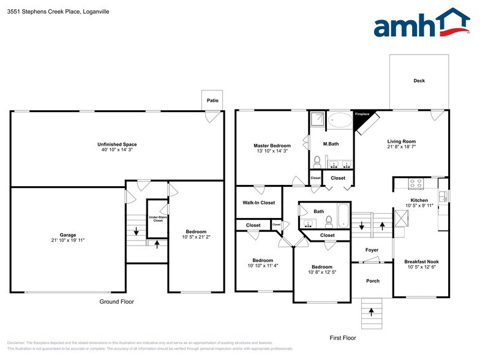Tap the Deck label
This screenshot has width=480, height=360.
419,81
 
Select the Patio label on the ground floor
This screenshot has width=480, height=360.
212,100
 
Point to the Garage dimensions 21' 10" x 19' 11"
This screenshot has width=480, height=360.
67,240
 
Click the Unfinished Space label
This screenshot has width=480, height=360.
117,144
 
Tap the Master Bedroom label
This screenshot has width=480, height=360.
272,146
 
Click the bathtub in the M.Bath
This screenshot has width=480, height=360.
339,119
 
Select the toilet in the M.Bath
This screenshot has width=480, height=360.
317,162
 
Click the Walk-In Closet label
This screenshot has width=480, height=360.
258,203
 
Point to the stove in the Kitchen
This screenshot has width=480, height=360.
416,182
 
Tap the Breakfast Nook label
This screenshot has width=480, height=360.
421,261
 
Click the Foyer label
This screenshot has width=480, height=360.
372,250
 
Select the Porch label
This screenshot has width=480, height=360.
372,281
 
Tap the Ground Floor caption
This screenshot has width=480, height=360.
116,302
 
